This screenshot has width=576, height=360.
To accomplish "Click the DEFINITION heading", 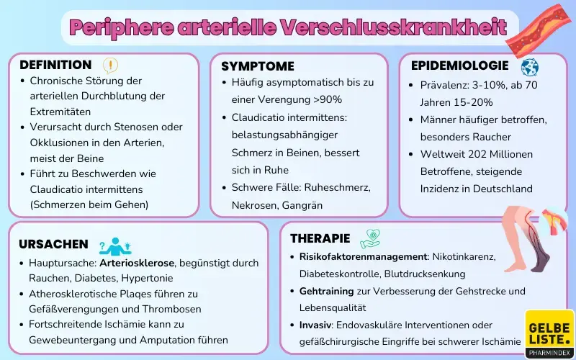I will point(55,65).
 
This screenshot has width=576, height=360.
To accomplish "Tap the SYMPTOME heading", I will point(257,66).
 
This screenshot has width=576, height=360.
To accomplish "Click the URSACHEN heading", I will point(53,244).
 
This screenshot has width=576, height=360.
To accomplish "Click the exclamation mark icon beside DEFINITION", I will point(110,66).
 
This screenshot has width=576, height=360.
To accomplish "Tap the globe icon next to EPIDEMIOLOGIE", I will point(529,67).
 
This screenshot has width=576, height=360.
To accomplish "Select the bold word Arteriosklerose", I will point(138,263).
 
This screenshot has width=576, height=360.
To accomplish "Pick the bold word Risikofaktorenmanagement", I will point(363,257).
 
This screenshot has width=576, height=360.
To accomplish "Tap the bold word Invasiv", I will point(317,325).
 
